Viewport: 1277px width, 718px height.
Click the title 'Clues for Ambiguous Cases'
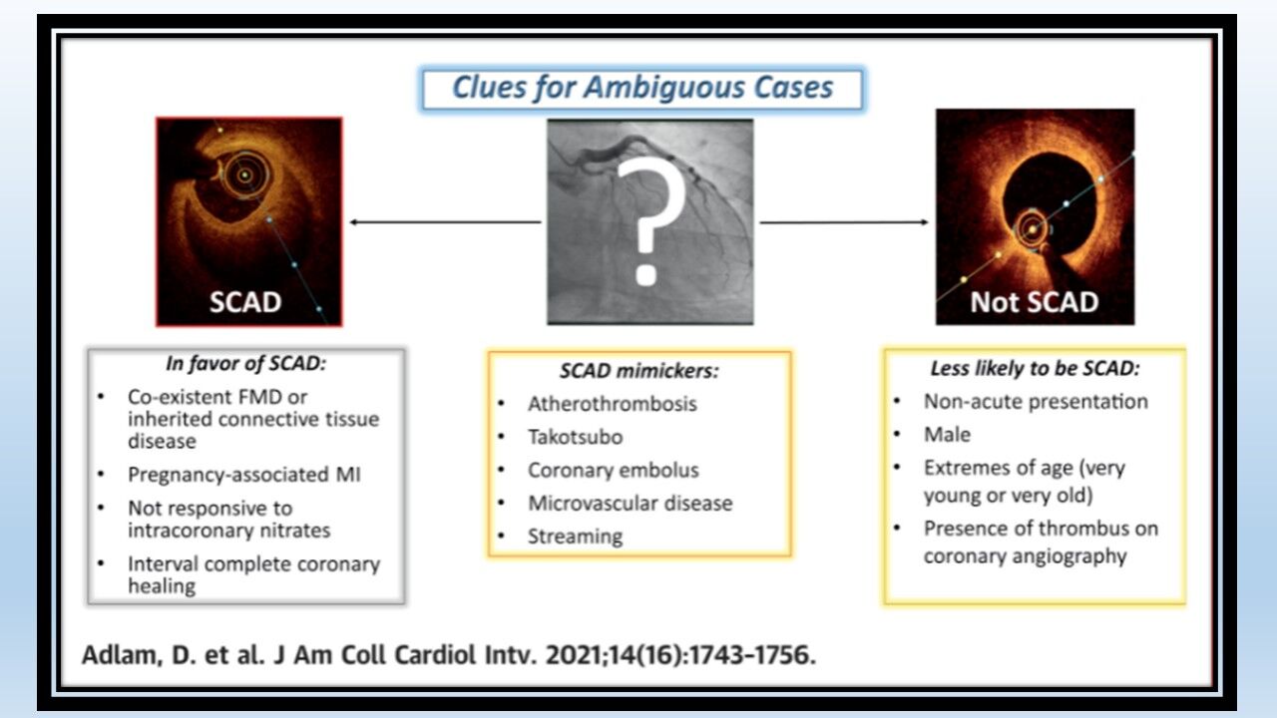(642, 88)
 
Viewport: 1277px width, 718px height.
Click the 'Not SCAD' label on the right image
(1035, 302)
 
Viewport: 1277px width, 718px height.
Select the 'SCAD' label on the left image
(245, 302)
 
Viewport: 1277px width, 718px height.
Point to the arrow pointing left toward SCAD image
(445, 221)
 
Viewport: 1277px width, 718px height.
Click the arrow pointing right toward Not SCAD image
(844, 221)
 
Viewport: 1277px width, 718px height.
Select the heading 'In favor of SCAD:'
(245, 364)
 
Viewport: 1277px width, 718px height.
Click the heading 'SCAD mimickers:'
(639, 371)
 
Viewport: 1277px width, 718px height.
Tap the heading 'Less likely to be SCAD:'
(1035, 369)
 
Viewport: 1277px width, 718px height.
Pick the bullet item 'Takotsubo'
(576, 437)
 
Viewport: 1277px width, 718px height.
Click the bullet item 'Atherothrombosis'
(613, 404)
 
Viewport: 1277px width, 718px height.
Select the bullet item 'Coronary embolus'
(614, 470)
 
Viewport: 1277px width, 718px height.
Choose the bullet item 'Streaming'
(576, 537)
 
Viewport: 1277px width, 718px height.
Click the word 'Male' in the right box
(947, 435)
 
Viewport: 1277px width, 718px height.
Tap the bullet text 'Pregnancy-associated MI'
(244, 475)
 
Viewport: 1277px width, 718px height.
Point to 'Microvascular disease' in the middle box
(630, 504)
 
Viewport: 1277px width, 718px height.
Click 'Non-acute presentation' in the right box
(1036, 402)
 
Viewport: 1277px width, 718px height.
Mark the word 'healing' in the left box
(162, 586)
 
